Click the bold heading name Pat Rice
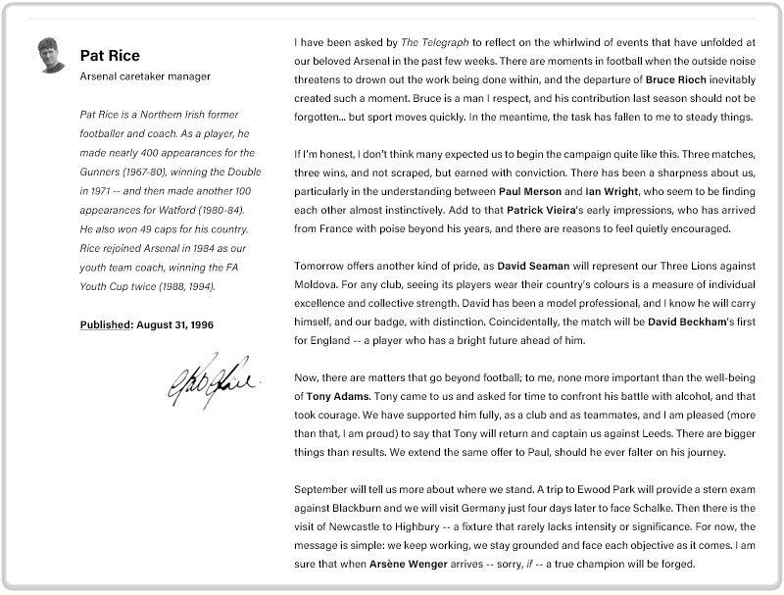pos(110,55)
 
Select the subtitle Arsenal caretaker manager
pos(145,76)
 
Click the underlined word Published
pos(105,324)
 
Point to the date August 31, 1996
pos(175,324)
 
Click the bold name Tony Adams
pos(332,396)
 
